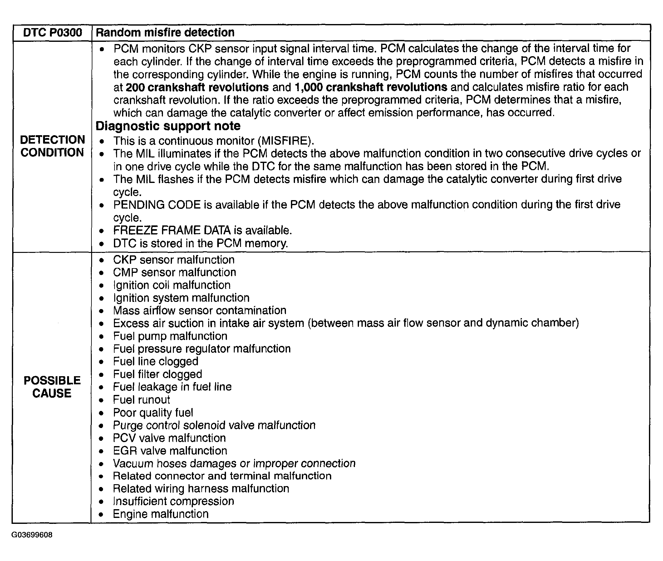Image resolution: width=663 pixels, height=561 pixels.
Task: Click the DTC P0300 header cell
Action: tap(52, 32)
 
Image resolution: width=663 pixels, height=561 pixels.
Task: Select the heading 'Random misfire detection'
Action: tap(165, 32)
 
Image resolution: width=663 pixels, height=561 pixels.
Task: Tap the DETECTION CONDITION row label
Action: tap(52, 146)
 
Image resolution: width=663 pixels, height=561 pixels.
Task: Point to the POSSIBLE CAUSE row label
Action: tap(52, 387)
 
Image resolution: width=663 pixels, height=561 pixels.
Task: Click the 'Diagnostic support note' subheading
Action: tap(168, 126)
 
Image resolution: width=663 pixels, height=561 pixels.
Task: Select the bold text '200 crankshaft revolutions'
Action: tap(197, 87)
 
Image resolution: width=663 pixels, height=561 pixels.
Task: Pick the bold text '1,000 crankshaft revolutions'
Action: tap(371, 87)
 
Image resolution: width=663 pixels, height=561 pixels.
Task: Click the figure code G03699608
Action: tap(32, 535)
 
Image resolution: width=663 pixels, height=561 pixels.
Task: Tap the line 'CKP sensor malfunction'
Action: tap(174, 260)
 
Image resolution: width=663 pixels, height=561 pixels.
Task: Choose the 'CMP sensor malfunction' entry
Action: tap(174, 273)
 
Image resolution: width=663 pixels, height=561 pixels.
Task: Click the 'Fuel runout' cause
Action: tap(141, 400)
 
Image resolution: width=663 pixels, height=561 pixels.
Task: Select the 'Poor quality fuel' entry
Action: tap(153, 413)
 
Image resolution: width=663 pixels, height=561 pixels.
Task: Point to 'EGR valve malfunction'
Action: tap(170, 451)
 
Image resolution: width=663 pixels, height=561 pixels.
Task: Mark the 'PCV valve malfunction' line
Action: tap(169, 438)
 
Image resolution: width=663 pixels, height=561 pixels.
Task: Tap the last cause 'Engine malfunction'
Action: tap(160, 514)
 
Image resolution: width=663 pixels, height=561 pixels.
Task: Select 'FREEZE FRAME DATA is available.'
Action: tap(203, 230)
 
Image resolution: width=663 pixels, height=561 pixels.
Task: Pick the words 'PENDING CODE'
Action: tap(157, 205)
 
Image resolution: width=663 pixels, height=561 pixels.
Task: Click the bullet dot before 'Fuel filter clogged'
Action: tap(101, 375)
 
